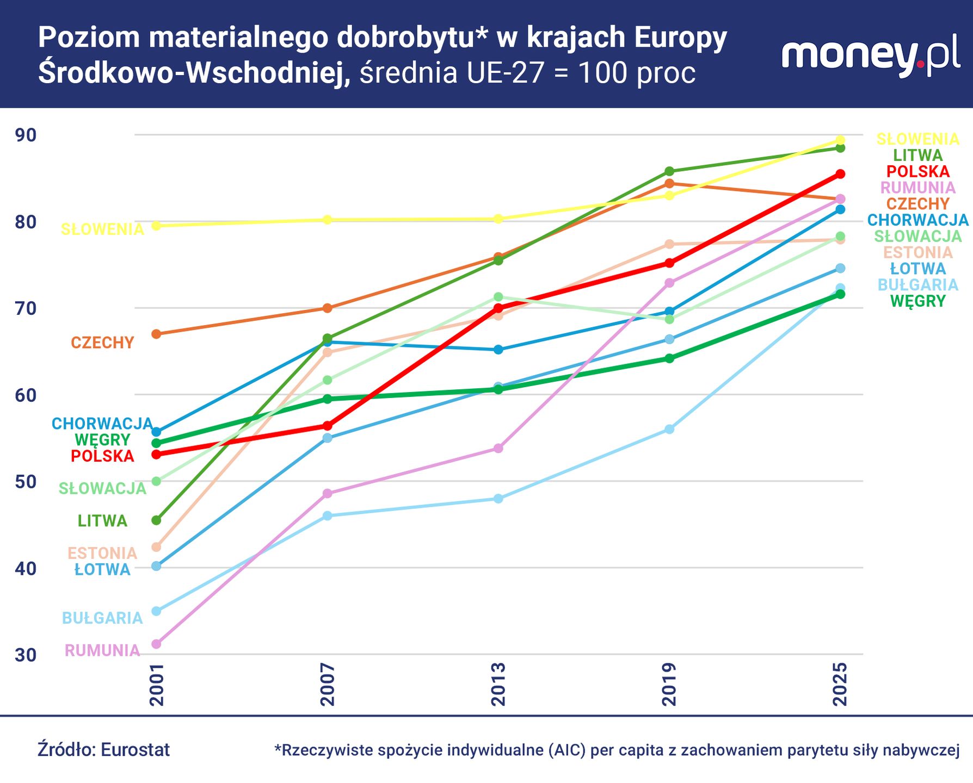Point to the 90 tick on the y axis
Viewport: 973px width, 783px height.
[26, 135]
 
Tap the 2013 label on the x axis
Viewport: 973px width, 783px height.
[498, 684]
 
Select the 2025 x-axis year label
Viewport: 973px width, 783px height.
[840, 684]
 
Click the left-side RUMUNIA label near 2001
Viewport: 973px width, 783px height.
[102, 650]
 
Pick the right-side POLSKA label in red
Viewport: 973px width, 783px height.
[917, 171]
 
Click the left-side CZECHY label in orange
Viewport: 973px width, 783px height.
[102, 343]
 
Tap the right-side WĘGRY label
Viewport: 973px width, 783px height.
[917, 301]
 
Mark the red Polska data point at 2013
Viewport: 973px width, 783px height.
[498, 308]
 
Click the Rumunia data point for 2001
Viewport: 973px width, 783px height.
[156, 644]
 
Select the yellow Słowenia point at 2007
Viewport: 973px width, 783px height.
[327, 220]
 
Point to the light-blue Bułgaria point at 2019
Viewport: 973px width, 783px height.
[669, 429]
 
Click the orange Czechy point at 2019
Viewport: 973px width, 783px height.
[669, 184]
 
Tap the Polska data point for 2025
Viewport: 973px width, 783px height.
[840, 174]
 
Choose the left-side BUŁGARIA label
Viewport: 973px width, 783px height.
[102, 618]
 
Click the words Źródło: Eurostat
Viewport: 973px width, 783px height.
[103, 750]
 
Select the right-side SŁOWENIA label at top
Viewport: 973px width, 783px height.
[917, 139]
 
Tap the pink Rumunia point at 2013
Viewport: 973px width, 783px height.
[498, 448]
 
